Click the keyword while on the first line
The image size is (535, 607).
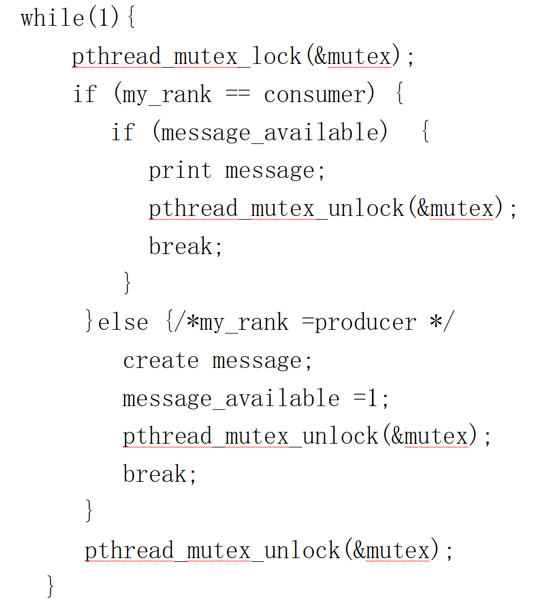pos(53,19)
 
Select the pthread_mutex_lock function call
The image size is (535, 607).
pos(187,57)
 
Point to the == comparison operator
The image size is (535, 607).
pos(238,95)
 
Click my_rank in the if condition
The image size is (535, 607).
pos(167,95)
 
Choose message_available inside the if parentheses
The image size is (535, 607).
pos(269,133)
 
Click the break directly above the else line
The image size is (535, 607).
pos(185,247)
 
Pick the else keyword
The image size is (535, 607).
pos(123,322)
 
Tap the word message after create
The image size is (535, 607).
pos(262,360)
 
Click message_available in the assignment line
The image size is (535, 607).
pos(231,399)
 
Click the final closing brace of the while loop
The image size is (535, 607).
pos(51,587)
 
